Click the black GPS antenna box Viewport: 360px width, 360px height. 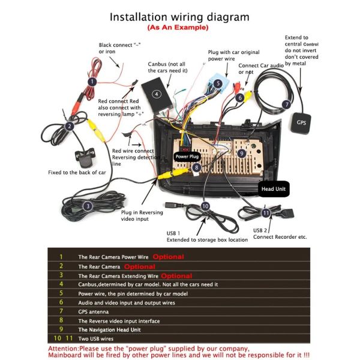pyautogui.click(x=301, y=125)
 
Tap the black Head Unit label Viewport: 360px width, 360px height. pyautogui.click(x=273, y=189)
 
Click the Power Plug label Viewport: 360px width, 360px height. pyautogui.click(x=186, y=157)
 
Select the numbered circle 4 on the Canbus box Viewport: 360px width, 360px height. pyautogui.click(x=156, y=94)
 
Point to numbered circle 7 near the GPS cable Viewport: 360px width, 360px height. pyautogui.click(x=287, y=104)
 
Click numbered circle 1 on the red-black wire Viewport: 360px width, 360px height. pyautogui.click(x=92, y=81)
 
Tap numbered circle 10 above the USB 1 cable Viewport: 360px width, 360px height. pyautogui.click(x=205, y=206)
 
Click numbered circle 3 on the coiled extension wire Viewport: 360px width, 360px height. pyautogui.click(x=88, y=206)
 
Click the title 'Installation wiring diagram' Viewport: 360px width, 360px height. pyautogui.click(x=179, y=17)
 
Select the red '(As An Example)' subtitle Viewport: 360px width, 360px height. pyautogui.click(x=178, y=28)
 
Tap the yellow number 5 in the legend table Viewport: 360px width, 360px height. pyautogui.click(x=61, y=293)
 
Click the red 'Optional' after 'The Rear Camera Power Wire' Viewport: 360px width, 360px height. pyautogui.click(x=168, y=257)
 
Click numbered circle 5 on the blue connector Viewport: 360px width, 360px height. pyautogui.click(x=218, y=83)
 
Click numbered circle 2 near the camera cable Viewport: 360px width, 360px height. pyautogui.click(x=70, y=126)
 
